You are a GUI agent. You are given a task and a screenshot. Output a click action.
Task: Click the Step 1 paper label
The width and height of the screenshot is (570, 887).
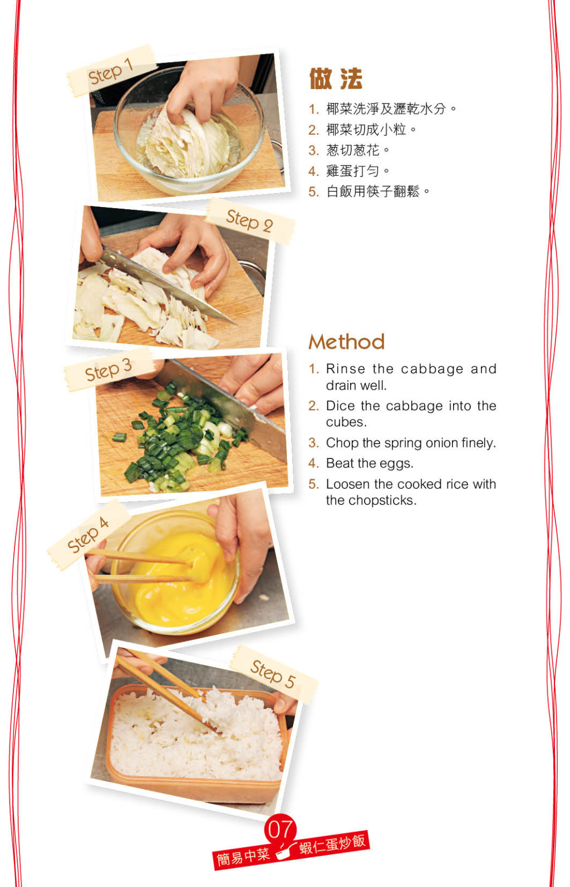tap(111, 71)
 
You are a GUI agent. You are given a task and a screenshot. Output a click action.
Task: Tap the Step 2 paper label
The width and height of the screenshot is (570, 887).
tap(250, 221)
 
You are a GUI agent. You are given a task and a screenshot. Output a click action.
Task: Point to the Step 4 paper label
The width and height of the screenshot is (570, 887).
tap(89, 535)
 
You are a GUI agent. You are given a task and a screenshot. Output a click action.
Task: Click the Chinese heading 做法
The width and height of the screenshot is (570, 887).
tap(336, 78)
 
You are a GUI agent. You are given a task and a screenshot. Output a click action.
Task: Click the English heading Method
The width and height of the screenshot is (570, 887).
tap(347, 342)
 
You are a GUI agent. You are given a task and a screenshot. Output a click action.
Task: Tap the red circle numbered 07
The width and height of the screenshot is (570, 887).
tap(280, 829)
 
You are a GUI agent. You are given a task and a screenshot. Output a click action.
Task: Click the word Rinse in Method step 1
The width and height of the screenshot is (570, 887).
tap(346, 369)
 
